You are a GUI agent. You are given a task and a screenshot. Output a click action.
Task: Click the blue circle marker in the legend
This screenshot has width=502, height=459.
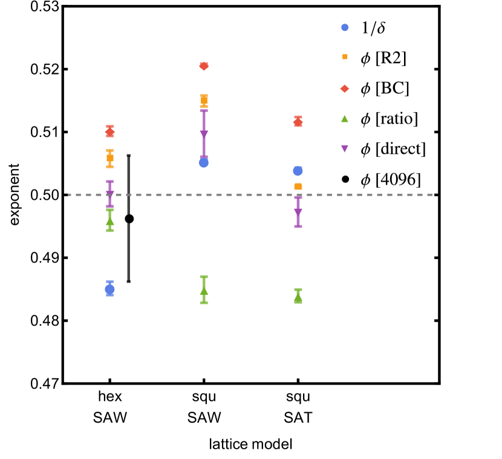pos(345,27)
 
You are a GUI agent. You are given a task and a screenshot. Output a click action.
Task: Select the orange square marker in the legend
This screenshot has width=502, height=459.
pos(345,56)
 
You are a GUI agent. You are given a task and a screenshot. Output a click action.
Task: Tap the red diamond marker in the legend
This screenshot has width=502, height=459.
pos(345,89)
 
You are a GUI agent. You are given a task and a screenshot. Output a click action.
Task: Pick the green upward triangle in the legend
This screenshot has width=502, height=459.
pos(345,119)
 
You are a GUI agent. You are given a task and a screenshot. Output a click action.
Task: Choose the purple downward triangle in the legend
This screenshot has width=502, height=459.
pos(345,148)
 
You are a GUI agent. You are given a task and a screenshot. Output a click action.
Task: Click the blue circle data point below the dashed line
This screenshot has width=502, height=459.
pos(109,289)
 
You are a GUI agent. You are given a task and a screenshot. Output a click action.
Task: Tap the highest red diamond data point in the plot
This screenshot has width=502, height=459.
pos(204,66)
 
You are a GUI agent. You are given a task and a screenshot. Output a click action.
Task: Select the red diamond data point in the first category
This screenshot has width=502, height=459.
pos(109,131)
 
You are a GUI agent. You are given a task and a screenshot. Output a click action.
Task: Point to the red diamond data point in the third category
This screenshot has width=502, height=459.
pos(298,122)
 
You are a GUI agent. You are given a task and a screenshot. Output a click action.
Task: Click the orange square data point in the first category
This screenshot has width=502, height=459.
pos(109,158)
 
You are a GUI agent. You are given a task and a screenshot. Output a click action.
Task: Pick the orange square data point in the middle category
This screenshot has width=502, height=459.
pos(204,101)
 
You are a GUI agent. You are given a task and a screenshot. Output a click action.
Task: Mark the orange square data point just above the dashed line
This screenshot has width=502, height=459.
pos(298,187)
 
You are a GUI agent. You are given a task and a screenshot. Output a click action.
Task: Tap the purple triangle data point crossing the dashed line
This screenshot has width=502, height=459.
pos(109,194)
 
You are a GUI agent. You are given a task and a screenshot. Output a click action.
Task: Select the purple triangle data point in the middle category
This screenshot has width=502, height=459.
pos(204,134)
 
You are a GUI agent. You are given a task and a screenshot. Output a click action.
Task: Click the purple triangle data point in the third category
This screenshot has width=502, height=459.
pos(298,212)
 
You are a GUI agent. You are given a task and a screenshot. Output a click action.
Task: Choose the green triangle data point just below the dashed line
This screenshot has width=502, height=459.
pos(109,221)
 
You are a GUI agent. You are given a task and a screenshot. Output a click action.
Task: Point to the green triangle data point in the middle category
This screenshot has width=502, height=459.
pos(204,291)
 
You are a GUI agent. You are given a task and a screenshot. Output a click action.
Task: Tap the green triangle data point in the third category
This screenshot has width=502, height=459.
pos(298,298)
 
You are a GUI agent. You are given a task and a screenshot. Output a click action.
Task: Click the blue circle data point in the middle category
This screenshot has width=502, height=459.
pos(204,163)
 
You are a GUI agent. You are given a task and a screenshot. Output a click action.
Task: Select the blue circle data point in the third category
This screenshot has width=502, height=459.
pos(298,171)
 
